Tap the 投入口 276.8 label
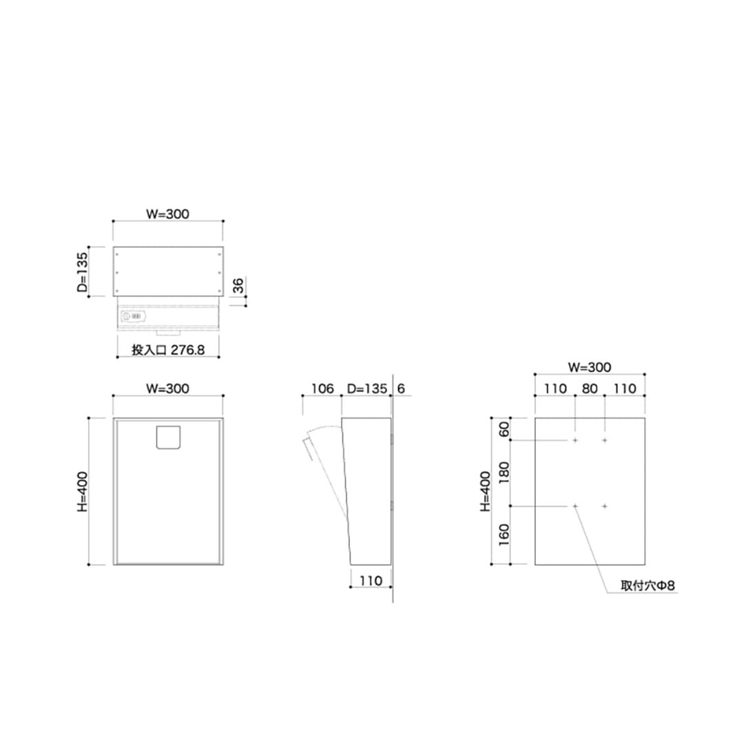coord(168,350)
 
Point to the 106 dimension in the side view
coord(322,389)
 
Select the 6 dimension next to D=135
coord(402,389)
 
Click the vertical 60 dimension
coord(504,428)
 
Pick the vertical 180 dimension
coord(504,473)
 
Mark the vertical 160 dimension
coord(504,535)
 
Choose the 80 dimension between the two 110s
coord(590,389)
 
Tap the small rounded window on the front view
coord(168,438)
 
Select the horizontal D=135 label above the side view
coord(367,389)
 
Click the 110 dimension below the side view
coord(371,581)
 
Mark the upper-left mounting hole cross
coord(575,440)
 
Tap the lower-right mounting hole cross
coord(605,506)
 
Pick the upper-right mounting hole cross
coord(605,440)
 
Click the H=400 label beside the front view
coord(81,490)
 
